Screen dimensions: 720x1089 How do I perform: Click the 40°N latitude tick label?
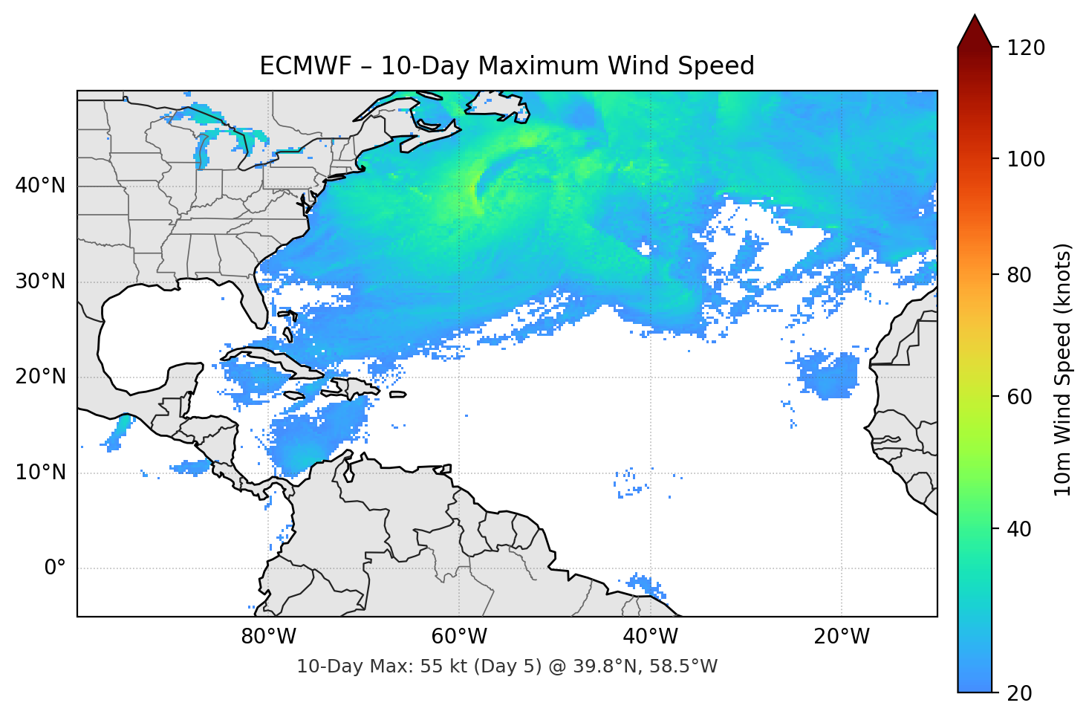tap(40, 185)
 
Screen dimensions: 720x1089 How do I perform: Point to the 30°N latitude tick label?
tap(40, 281)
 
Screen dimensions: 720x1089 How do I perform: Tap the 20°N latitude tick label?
tap(40, 377)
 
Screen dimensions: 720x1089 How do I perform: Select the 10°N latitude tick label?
tap(40, 472)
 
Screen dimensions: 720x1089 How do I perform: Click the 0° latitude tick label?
tap(55, 568)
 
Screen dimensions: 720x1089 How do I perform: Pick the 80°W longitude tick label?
tap(268, 637)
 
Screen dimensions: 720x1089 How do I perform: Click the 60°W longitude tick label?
tap(459, 637)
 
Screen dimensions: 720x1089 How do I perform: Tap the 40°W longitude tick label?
tap(651, 637)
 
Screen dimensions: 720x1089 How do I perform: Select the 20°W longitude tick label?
tap(842, 637)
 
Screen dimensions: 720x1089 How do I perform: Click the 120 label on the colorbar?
tap(1026, 48)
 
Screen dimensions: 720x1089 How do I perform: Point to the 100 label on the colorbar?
tap(1026, 159)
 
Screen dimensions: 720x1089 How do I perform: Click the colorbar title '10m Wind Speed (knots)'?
tap(1063, 369)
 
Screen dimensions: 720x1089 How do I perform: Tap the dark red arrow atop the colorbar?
tap(975, 32)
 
